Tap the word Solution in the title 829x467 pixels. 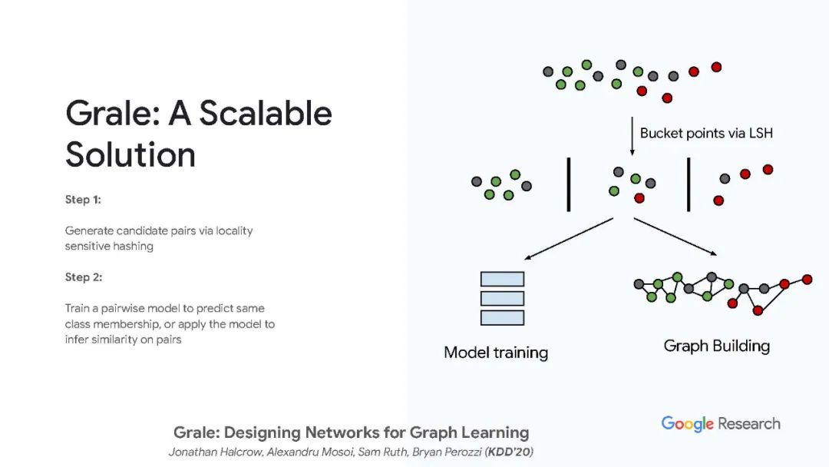tap(130, 154)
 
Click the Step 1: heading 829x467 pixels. tap(83, 200)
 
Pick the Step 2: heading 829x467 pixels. tap(83, 277)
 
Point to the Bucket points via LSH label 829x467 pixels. tap(706, 133)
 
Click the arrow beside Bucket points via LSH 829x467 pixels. tap(632, 135)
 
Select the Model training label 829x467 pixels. tap(496, 353)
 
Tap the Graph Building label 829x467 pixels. tap(716, 346)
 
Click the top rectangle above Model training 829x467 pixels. tap(501, 279)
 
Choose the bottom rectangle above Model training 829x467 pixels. tap(501, 317)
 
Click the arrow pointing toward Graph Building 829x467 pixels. tap(675, 237)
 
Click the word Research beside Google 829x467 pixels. tap(749, 424)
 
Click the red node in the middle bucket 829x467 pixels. tap(639, 198)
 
